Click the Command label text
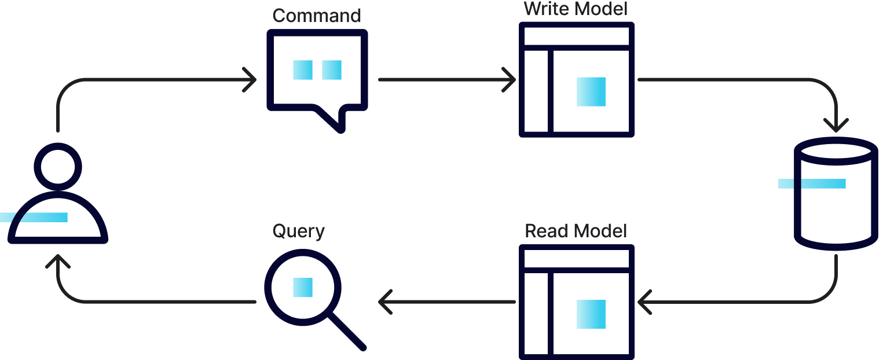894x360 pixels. point(316,16)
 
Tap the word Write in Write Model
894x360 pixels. point(544,9)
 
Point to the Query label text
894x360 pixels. point(298,231)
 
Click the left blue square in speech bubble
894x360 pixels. point(302,70)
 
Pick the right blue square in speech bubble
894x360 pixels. point(332,70)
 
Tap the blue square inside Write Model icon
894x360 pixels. point(591,91)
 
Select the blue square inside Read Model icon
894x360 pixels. point(591,314)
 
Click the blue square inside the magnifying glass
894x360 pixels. point(302,288)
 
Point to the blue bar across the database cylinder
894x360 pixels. point(812,184)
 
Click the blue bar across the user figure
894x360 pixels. point(34,218)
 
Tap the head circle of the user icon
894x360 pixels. point(58,167)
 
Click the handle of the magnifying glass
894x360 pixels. point(347,332)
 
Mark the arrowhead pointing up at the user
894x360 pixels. point(58,260)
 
